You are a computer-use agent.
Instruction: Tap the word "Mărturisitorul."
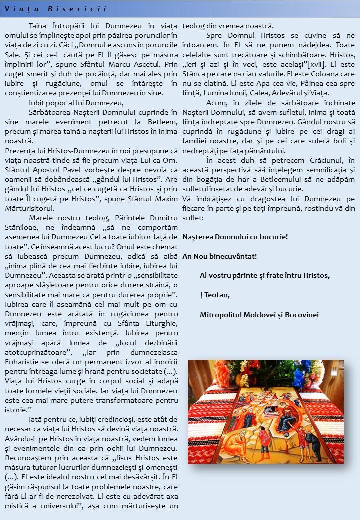(x=30, y=208)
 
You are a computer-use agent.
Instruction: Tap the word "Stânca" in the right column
(x=194, y=73)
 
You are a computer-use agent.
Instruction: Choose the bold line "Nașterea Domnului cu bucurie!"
(x=235, y=236)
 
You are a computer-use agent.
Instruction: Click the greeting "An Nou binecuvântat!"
(x=220, y=256)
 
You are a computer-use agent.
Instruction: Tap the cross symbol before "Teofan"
(x=201, y=295)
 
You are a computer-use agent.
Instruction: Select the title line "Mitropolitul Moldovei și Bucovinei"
(x=259, y=314)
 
